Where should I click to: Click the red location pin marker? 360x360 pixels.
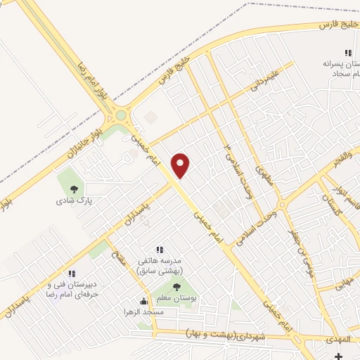point(181,165)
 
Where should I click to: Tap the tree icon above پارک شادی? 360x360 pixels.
point(75,188)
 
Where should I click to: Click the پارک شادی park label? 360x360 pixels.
point(75,200)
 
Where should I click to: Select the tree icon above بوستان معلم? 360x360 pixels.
point(176,286)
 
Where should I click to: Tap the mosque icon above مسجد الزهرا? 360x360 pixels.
point(143,302)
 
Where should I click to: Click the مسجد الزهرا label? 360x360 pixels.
point(143,311)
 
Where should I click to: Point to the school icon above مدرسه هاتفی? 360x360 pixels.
point(159,249)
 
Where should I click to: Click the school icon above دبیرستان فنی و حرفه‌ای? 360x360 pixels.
point(71,274)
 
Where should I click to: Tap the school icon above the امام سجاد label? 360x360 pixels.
point(347,53)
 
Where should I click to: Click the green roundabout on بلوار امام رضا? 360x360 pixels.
point(121,115)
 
